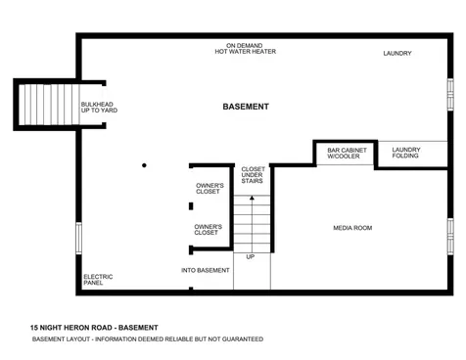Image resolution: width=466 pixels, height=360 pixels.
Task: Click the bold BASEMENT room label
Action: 246,107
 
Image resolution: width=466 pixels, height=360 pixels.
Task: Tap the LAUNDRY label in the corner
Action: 396,54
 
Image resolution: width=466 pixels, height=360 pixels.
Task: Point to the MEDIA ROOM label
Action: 352,228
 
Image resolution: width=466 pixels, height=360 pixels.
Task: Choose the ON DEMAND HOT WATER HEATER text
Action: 246,50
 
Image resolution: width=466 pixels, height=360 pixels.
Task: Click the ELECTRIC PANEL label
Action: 98,280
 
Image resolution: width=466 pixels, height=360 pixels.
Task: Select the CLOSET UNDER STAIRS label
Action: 253,175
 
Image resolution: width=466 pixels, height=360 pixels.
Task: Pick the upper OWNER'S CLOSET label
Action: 210,189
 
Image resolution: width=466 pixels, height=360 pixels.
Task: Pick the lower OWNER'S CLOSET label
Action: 207,230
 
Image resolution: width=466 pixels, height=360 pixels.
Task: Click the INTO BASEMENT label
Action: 206,270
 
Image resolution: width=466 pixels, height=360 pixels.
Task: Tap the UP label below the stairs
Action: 251,257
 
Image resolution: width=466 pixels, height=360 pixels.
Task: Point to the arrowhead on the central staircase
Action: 252,199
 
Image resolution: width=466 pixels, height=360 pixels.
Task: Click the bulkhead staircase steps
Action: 44,103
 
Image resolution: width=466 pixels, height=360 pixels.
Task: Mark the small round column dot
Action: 144,165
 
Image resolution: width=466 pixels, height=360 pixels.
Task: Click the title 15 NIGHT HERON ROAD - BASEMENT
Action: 94,327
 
